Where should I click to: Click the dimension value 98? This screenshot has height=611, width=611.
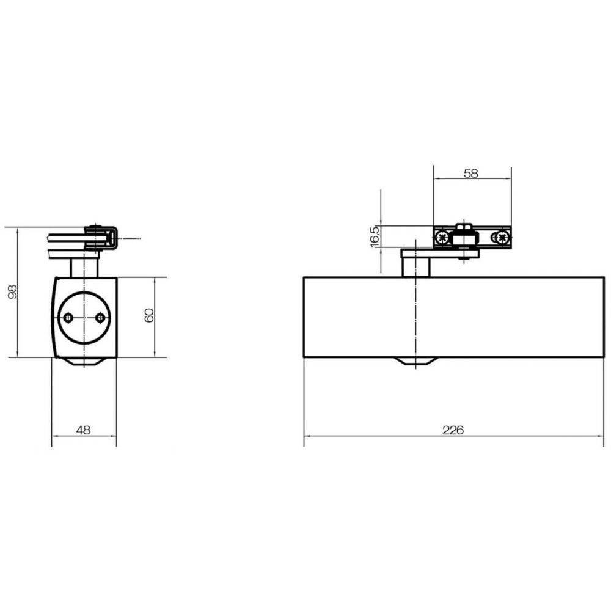point(13,291)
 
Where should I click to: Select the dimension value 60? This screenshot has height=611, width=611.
point(149,315)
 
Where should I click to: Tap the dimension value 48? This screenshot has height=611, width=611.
point(83,430)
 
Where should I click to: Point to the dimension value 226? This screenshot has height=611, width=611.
point(453,430)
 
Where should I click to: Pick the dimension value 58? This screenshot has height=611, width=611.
point(470,174)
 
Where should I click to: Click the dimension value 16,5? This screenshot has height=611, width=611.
point(375,236)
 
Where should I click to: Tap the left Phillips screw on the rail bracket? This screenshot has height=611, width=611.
point(442,236)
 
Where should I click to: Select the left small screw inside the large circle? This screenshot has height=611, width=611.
point(68,318)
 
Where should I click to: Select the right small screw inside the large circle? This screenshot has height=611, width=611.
point(100,318)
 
